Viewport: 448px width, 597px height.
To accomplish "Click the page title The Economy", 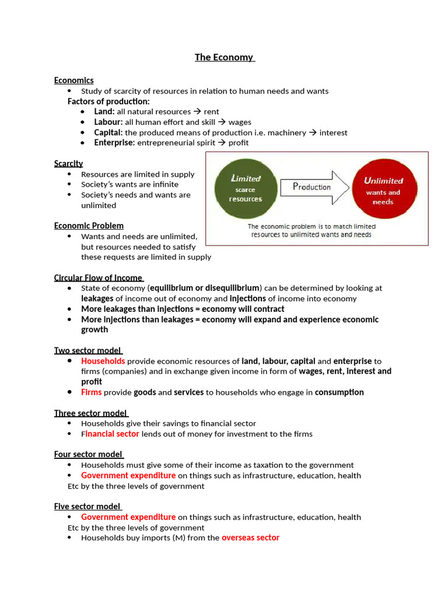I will (x=224, y=57).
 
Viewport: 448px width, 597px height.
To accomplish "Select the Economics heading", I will (x=73, y=80).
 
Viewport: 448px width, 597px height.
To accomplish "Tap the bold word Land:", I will (x=104, y=111).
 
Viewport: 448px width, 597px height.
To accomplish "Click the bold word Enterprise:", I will (x=114, y=142).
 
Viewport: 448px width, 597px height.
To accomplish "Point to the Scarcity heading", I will (x=68, y=163).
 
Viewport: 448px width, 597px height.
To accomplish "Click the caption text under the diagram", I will (x=311, y=230).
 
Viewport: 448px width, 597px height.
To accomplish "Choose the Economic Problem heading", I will (x=89, y=226).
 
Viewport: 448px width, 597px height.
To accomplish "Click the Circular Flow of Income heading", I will (x=98, y=278).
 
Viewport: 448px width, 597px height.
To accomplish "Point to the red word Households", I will (x=103, y=361).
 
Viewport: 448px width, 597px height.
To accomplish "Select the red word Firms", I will (x=91, y=392).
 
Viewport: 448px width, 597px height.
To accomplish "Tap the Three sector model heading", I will (x=90, y=413).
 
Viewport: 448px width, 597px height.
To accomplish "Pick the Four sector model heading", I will (x=88, y=454).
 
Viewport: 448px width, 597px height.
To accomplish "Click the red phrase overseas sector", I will (x=250, y=538).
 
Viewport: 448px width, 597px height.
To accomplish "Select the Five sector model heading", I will (x=87, y=506).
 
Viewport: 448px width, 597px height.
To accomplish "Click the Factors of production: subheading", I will (x=108, y=101).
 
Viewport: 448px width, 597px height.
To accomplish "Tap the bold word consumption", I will (x=339, y=392).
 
